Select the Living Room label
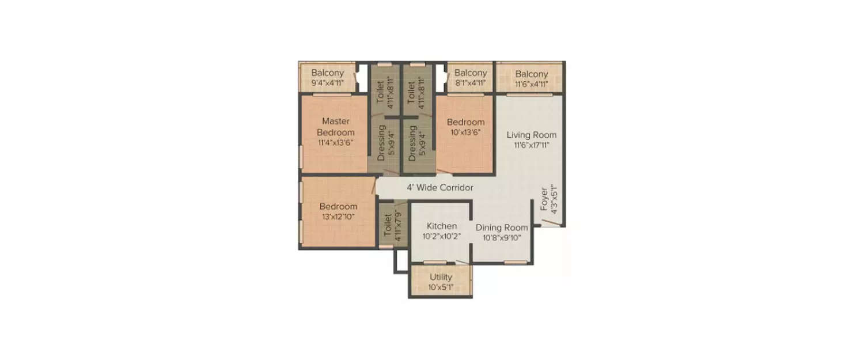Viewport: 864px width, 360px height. coord(531,135)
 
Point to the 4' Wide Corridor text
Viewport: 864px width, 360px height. coord(440,188)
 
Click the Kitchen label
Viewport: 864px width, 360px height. coord(441,226)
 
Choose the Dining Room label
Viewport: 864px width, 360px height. coord(501,228)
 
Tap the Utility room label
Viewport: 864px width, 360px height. coord(441,277)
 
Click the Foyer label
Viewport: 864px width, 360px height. coord(544,199)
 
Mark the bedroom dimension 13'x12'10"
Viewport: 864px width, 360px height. coord(338,217)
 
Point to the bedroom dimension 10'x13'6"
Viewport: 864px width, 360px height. coord(465,132)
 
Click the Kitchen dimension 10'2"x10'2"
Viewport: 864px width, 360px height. coord(441,236)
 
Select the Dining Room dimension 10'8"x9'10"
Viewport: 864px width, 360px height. coord(501,237)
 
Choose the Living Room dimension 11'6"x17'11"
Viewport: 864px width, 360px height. coord(531,145)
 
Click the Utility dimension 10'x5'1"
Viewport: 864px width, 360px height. coord(441,287)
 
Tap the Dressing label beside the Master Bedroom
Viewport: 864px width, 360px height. coord(381,142)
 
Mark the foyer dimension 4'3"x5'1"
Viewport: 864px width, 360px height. coord(554,199)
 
